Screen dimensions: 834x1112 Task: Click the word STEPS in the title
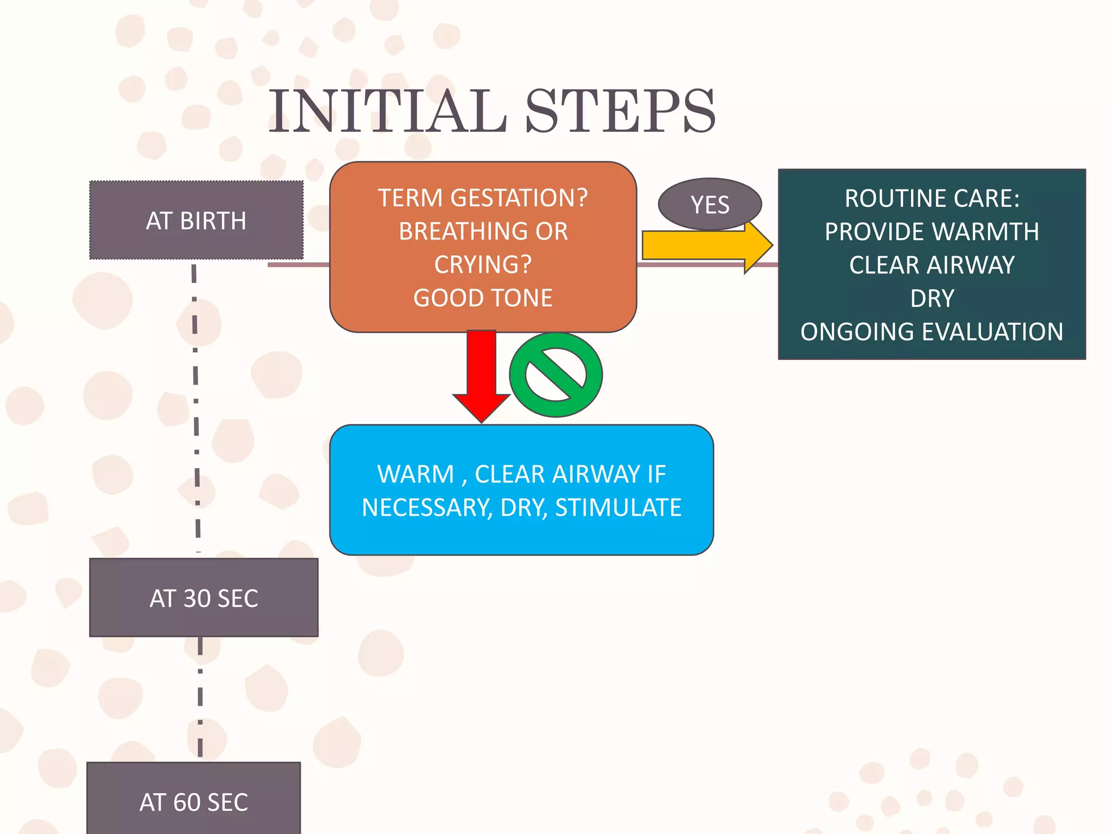pos(620,111)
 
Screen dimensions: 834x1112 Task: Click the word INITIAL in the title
pos(388,111)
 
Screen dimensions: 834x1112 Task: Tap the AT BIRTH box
pos(196,220)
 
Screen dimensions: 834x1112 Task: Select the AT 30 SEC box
pos(204,598)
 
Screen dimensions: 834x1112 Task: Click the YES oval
pos(710,205)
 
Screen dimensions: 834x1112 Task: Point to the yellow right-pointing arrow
pos(700,245)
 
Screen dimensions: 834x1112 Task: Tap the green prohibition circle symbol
pos(556,375)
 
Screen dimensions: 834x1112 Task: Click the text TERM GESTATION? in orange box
pos(483,198)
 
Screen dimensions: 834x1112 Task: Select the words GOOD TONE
pos(483,298)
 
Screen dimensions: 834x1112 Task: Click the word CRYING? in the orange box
pos(483,264)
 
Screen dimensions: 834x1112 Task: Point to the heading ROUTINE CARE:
pos(932,198)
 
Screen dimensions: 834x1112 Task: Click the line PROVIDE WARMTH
pos(932,232)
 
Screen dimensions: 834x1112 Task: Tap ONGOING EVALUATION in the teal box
pos(932,332)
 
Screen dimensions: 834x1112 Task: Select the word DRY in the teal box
pos(932,299)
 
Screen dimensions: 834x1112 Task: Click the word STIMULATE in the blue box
pos(618,508)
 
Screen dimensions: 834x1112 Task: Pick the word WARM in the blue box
pos(415,474)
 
